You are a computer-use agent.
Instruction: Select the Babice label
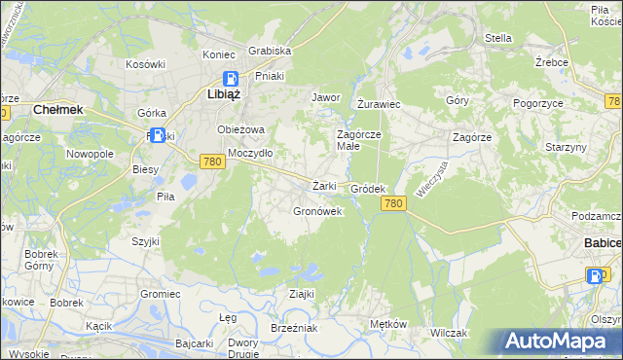603,241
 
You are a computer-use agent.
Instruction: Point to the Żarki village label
324,186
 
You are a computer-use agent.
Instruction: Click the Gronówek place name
318,211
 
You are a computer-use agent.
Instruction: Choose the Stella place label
498,39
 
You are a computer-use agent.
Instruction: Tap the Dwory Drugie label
242,347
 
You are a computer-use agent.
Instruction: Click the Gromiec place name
161,293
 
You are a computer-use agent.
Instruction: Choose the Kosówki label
146,63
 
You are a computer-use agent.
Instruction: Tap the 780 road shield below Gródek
393,202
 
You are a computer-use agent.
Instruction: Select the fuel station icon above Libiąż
231,79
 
